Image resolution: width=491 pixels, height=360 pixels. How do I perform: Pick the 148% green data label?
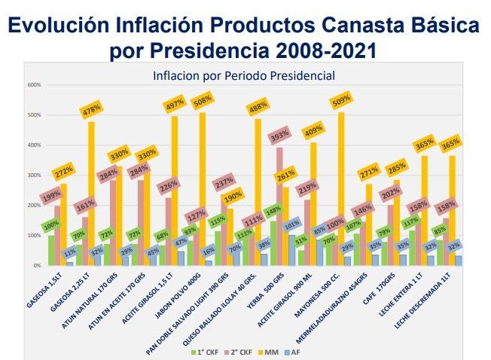(273, 209)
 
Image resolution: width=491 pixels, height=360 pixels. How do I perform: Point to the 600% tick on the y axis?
(34, 85)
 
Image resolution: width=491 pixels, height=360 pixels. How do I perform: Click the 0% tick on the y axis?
(36, 266)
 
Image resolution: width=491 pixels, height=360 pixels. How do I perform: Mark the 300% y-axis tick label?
(34, 175)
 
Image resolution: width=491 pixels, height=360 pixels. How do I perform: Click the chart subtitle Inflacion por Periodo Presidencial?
(243, 76)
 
